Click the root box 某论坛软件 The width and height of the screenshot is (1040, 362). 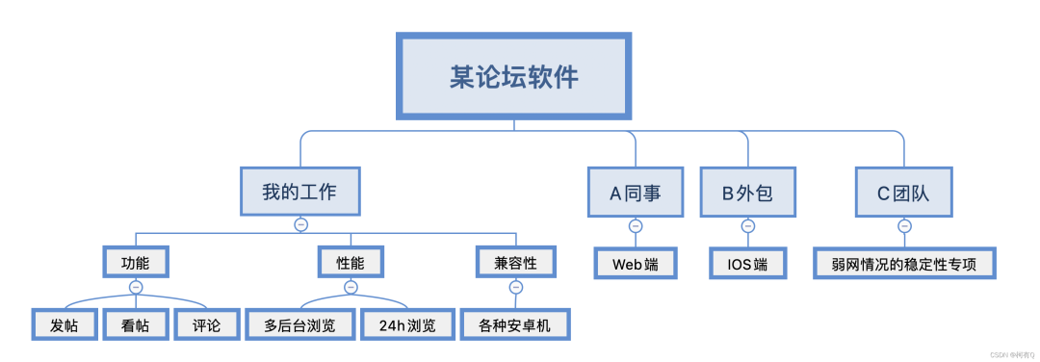click(x=514, y=76)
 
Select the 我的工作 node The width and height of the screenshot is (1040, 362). click(x=299, y=191)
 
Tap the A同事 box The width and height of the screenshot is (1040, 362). click(x=635, y=191)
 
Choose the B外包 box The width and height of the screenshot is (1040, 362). click(x=747, y=191)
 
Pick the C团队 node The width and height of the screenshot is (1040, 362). click(x=903, y=191)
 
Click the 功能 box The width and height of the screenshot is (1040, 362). click(x=135, y=261)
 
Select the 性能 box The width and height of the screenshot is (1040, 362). click(x=351, y=261)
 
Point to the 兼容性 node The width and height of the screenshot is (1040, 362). click(x=516, y=261)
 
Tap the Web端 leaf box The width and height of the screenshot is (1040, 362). click(x=635, y=263)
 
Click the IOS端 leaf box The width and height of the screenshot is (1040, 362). click(x=747, y=263)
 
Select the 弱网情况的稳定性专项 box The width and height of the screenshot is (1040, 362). click(x=903, y=263)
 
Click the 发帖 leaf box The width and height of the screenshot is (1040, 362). click(x=65, y=324)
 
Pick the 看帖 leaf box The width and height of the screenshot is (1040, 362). click(x=135, y=324)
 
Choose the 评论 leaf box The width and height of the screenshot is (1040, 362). click(x=206, y=324)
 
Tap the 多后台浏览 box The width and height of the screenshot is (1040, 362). click(x=299, y=324)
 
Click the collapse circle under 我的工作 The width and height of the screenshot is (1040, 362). click(x=300, y=224)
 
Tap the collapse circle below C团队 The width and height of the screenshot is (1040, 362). click(x=903, y=226)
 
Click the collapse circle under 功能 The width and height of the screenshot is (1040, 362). click(x=135, y=287)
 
